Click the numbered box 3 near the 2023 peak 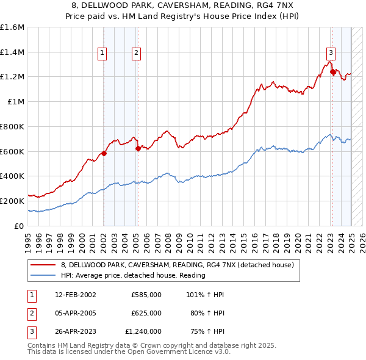coord(330,53)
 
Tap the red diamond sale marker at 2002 coord(104,153)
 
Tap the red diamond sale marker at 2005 coord(138,148)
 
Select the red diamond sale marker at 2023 coord(333,72)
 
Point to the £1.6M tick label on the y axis coord(12,27)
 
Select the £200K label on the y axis coord(12,201)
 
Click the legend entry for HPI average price coord(133,275)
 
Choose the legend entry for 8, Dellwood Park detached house coord(178,265)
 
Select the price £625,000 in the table coord(146,313)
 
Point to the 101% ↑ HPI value coord(203,295)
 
